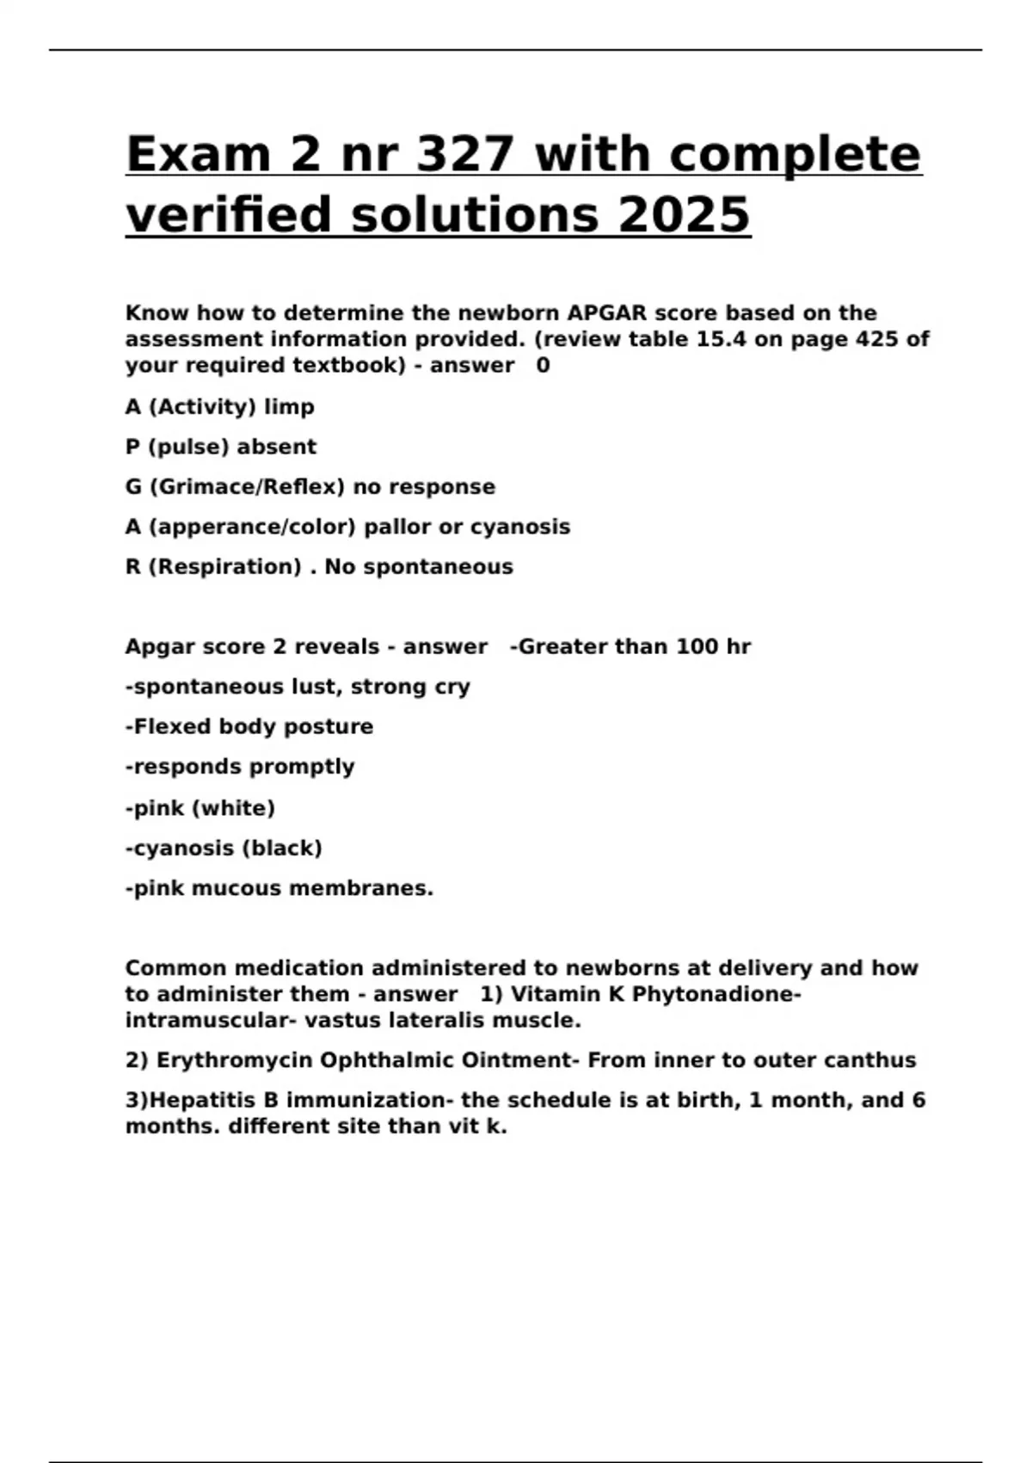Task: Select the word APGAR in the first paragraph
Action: [x=606, y=313]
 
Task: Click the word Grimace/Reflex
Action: [x=247, y=487]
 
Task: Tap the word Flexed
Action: [x=172, y=727]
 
